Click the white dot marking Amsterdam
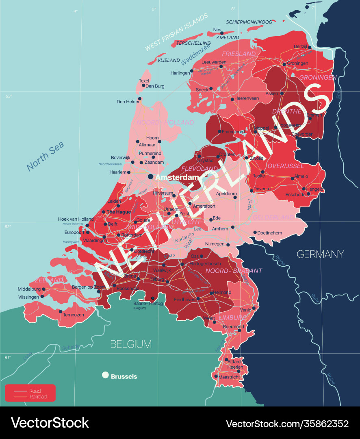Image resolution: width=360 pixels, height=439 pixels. click(x=151, y=177)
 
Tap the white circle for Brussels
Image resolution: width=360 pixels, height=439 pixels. click(x=105, y=375)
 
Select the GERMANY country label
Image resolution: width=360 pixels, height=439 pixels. click(x=320, y=254)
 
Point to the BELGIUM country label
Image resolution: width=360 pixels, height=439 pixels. click(x=131, y=344)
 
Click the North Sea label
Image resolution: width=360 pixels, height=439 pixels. click(x=45, y=156)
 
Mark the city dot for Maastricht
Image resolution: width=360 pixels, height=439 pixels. click(x=216, y=376)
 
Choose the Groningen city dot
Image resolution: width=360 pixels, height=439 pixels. click(x=284, y=64)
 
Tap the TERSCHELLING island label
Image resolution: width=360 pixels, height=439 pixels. click(x=193, y=43)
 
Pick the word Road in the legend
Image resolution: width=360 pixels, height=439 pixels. click(x=35, y=391)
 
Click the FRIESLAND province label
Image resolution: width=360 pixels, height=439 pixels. click(x=239, y=54)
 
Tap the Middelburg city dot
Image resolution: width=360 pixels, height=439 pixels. click(x=44, y=289)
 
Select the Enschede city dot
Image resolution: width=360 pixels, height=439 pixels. click(x=308, y=194)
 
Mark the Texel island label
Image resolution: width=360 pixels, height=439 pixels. click(x=144, y=81)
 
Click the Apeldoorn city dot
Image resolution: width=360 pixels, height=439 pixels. click(x=235, y=198)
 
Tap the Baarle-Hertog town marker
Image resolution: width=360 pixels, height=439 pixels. click(x=153, y=298)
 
